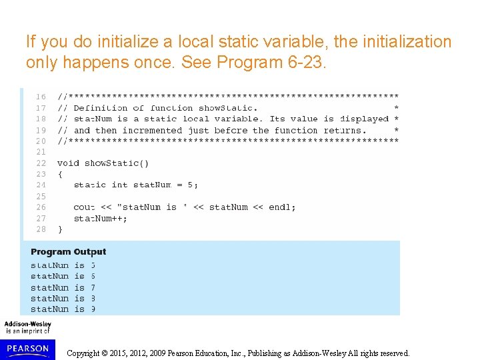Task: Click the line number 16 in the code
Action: (x=41, y=97)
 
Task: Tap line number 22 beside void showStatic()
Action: (x=41, y=163)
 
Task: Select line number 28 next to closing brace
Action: (x=41, y=229)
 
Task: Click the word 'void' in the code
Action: (x=68, y=163)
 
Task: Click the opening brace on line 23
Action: (x=60, y=174)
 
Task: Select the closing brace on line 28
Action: (x=60, y=229)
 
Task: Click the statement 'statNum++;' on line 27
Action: (x=100, y=218)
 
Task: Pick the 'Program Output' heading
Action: (x=68, y=252)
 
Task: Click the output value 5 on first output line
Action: (x=93, y=265)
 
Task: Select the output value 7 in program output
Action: (x=93, y=287)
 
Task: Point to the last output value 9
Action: (x=93, y=309)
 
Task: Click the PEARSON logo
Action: (x=27, y=348)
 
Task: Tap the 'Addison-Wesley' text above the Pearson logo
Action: (x=27, y=324)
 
